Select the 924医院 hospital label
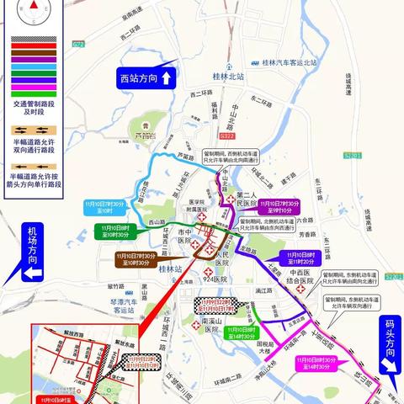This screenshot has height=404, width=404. (217, 278)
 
